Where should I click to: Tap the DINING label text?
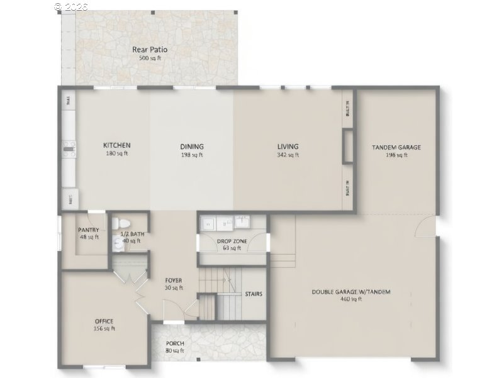(x=192, y=147)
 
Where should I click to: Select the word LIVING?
(x=288, y=147)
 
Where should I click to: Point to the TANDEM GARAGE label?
(x=396, y=147)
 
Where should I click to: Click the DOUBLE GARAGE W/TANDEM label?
(x=351, y=292)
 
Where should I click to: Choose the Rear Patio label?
(x=150, y=50)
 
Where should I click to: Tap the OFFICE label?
(x=104, y=321)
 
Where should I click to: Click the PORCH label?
(x=175, y=343)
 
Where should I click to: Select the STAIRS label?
(x=254, y=294)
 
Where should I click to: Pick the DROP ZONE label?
(x=232, y=241)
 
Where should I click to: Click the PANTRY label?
(x=88, y=230)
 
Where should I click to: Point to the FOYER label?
(x=174, y=281)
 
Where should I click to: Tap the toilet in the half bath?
(x=122, y=223)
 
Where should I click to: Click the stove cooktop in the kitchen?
(x=69, y=148)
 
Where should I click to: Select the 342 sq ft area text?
(x=288, y=155)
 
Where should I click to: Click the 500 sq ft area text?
(x=150, y=58)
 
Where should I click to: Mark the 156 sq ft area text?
(x=104, y=328)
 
